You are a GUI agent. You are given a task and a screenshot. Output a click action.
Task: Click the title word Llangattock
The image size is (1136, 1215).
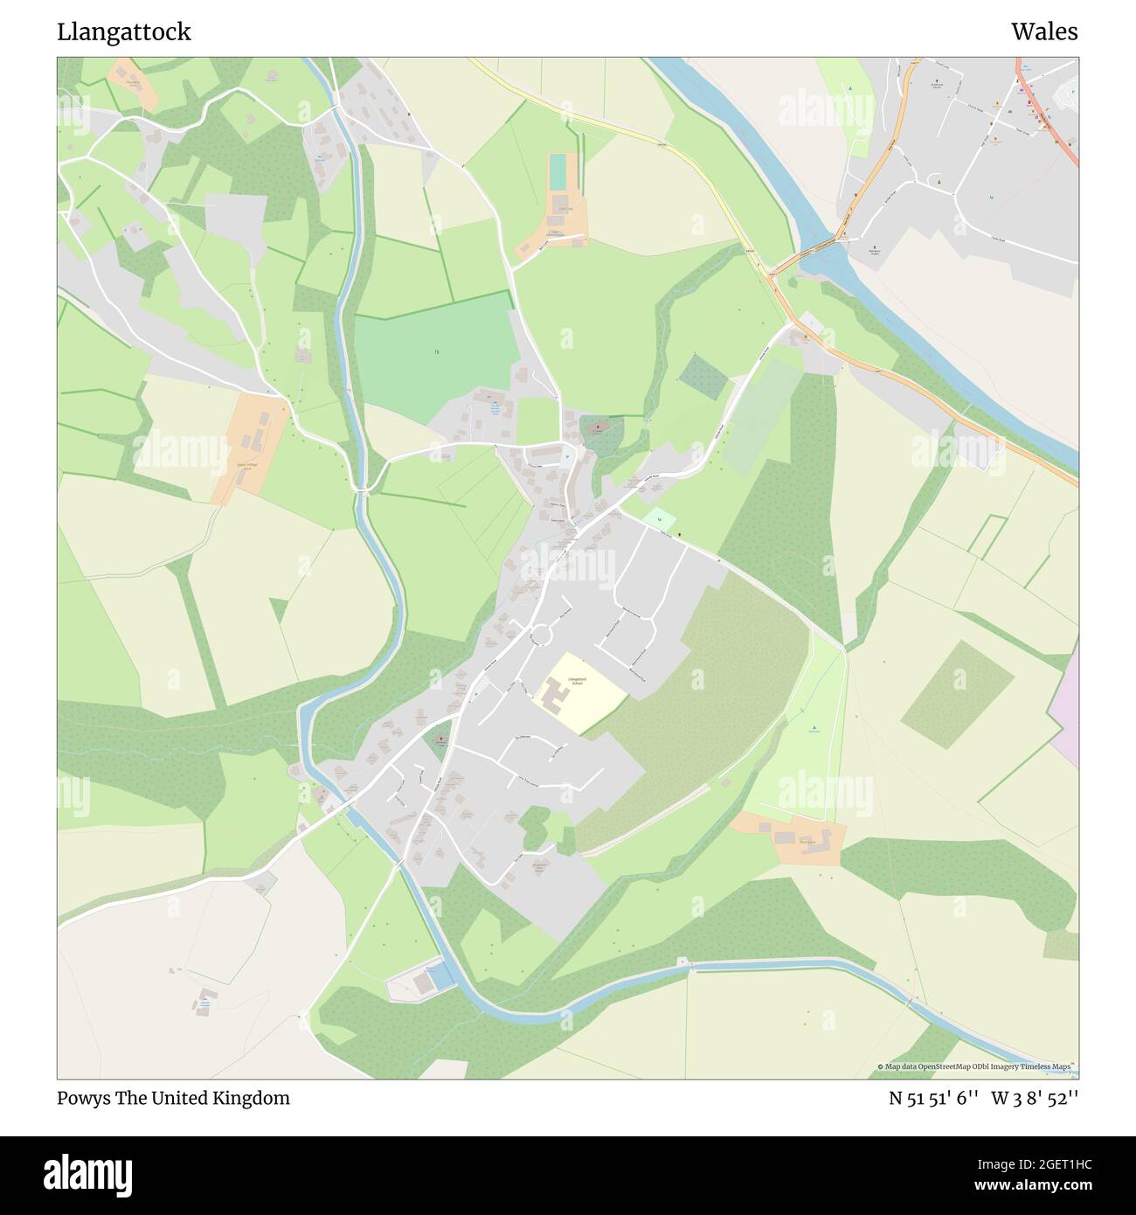[123, 32]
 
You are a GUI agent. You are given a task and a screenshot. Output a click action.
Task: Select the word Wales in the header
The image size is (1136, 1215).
[1044, 32]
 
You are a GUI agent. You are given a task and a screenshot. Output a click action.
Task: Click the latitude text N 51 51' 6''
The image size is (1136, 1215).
[934, 1098]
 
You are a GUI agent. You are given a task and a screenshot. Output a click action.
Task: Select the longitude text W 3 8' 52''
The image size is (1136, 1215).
[1035, 1098]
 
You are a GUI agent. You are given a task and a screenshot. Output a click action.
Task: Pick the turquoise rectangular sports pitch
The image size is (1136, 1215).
[557, 171]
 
